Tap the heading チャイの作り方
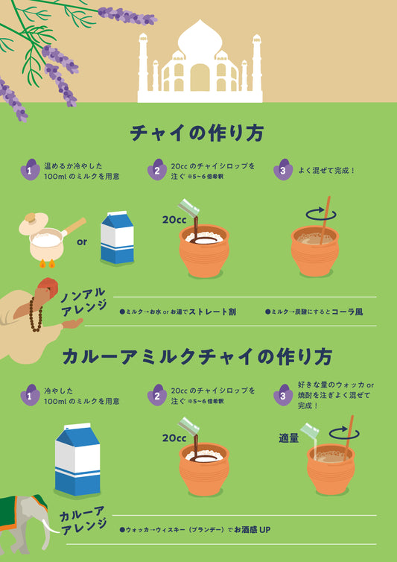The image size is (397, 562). click(x=197, y=133)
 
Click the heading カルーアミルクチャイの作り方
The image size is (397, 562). click(x=197, y=356)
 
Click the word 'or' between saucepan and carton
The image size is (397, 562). click(x=82, y=242)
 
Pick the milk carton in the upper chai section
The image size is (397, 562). click(x=117, y=238)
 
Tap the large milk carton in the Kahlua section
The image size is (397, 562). click(x=77, y=459)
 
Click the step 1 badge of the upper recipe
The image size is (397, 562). click(x=30, y=169)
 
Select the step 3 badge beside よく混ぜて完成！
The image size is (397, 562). click(x=283, y=169)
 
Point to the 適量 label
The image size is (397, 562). click(x=289, y=438)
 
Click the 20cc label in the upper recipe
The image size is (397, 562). click(x=174, y=220)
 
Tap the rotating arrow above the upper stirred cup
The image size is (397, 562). click(x=321, y=215)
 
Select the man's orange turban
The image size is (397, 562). click(x=48, y=288)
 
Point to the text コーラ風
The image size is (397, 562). click(x=347, y=312)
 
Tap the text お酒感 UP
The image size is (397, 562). click(x=253, y=529)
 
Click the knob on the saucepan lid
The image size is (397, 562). click(x=30, y=217)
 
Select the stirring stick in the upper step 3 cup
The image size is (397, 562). click(x=325, y=220)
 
